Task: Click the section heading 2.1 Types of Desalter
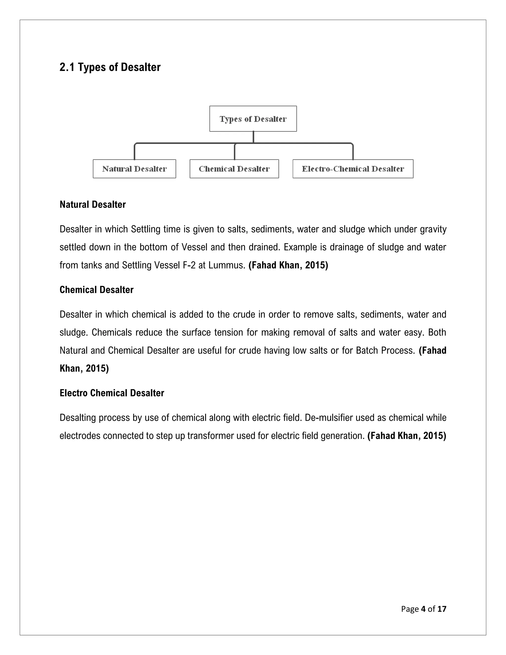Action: [x=110, y=67]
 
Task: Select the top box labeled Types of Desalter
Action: [x=253, y=119]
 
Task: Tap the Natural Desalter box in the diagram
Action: [x=134, y=169]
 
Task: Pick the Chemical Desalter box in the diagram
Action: [x=234, y=169]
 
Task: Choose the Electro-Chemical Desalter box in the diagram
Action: [x=353, y=169]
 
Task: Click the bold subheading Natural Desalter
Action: [x=93, y=205]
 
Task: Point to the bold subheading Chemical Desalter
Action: [x=97, y=290]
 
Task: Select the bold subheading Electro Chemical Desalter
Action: [x=112, y=393]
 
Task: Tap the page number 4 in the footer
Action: [x=423, y=609]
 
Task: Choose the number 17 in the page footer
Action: [x=442, y=609]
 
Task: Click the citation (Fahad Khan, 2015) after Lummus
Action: [x=288, y=265]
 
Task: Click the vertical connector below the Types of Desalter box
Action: [x=253, y=137]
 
